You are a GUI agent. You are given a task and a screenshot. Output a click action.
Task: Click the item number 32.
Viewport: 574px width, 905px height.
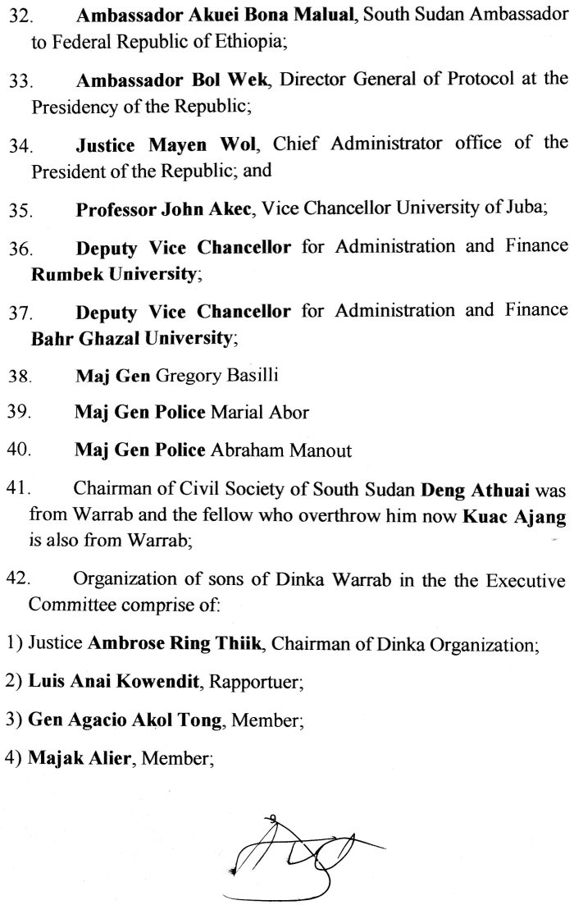[19, 18]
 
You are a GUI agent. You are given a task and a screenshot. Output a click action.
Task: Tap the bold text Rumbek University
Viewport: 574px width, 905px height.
[115, 274]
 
